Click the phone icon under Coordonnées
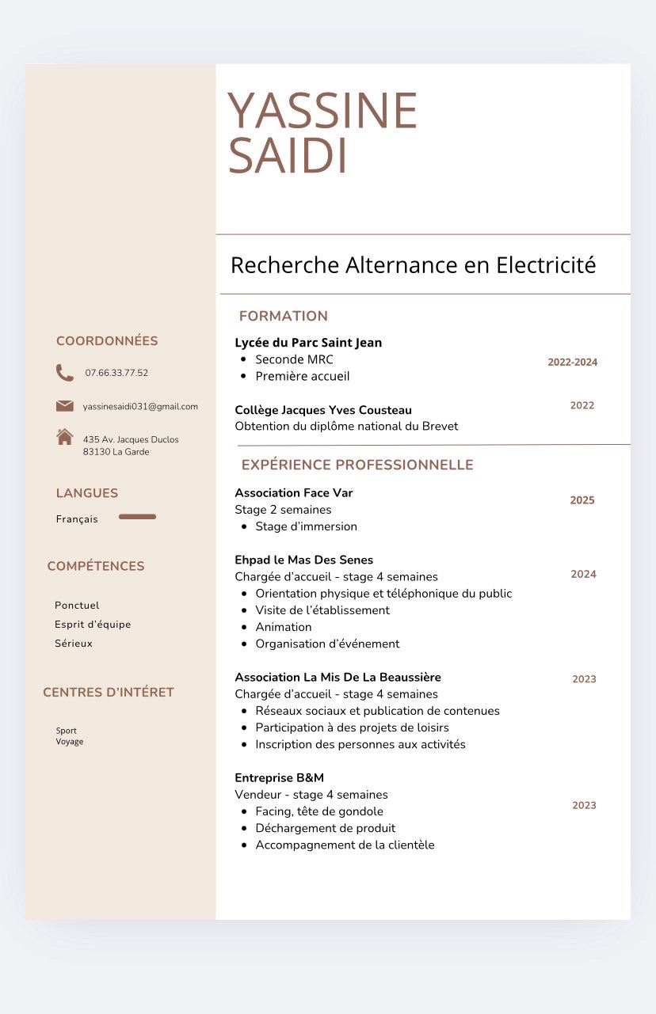pos(65,373)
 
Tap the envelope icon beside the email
pos(65,406)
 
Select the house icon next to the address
pos(65,437)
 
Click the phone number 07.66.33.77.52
pos(116,373)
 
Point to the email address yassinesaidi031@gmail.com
pos(140,407)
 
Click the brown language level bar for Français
pos(137,517)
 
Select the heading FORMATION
pos(283,316)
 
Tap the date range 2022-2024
pos(572,363)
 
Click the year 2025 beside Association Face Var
pos(582,500)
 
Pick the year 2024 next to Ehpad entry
pos(583,575)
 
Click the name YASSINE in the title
pos(322,111)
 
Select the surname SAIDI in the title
pos(288,157)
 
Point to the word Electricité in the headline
pos(546,265)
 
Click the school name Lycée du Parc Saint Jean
pos(308,343)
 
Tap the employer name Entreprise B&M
pos(279,778)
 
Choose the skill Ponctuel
pos(77,606)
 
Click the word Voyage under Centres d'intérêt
pos(70,742)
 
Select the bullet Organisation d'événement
pos(327,644)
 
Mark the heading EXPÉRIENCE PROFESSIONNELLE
pos(357,465)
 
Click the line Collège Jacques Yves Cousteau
pos(323,410)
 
